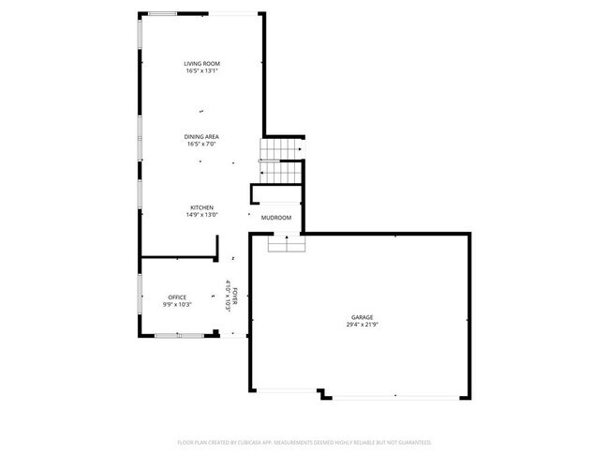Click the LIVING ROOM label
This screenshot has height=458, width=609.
(x=201, y=63)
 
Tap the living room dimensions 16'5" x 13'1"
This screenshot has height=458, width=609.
(x=201, y=70)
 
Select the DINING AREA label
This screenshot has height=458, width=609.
(x=201, y=137)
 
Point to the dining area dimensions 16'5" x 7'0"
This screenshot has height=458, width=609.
(x=201, y=145)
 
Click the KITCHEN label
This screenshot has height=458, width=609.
(x=202, y=207)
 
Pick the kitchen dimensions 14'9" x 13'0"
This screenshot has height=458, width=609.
(x=202, y=215)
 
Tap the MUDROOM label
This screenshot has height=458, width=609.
(x=276, y=218)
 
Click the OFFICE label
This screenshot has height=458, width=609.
(x=177, y=297)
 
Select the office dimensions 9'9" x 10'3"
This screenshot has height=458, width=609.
(x=177, y=304)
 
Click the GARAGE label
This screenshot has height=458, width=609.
(x=364, y=317)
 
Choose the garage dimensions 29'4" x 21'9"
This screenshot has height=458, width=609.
(x=364, y=325)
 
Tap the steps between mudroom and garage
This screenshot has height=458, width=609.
(x=287, y=243)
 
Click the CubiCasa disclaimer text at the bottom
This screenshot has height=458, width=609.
(x=304, y=442)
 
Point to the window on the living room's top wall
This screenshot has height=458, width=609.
(x=161, y=13)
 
